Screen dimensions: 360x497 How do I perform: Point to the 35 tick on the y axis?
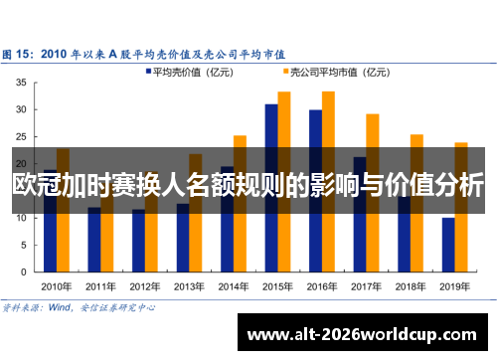(x=21, y=84)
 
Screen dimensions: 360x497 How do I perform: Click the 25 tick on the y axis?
(x=21, y=137)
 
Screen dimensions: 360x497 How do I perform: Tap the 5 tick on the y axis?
(x=24, y=244)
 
